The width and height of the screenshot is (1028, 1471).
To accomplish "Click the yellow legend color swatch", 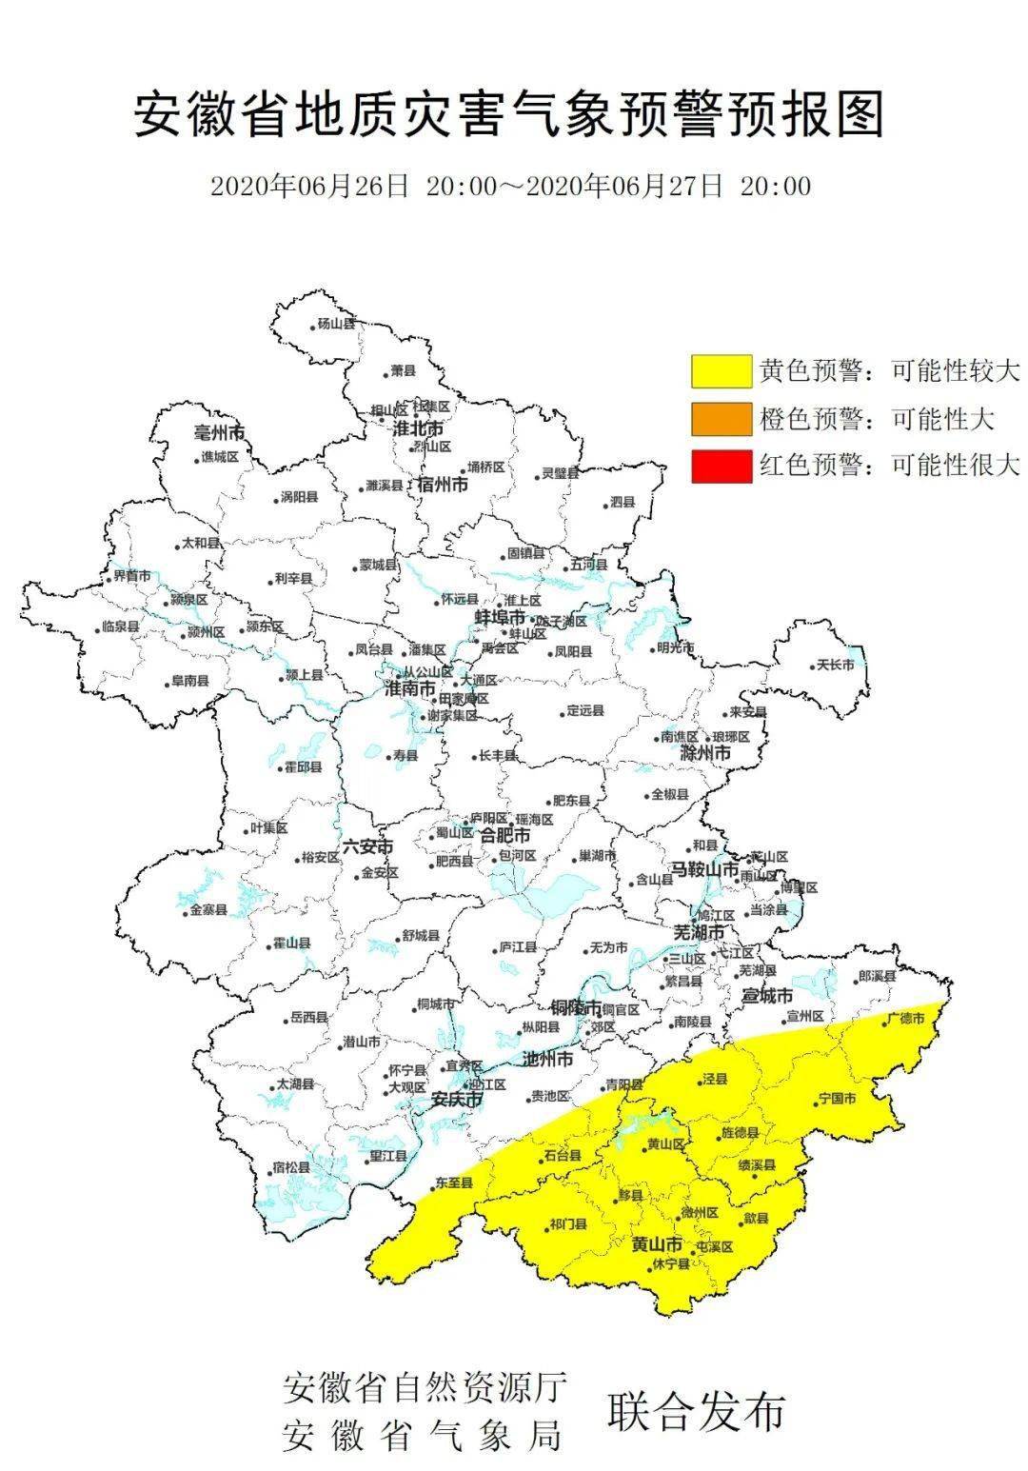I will (722, 370).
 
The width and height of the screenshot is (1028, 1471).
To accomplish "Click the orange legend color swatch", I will (722, 418).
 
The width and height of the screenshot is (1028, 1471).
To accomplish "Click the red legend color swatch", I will (722, 466).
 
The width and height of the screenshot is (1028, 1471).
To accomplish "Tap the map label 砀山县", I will (335, 324).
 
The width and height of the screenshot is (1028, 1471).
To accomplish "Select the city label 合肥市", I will (504, 836).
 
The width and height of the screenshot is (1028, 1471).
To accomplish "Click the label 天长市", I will (842, 666).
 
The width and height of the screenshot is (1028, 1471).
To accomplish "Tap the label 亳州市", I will (218, 433).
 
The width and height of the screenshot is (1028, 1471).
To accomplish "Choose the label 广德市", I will (905, 1018).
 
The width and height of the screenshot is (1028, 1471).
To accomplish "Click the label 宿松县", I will (291, 1167).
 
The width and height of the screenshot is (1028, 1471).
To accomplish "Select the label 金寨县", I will (208, 910).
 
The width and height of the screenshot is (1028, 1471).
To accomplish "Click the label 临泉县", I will (120, 627).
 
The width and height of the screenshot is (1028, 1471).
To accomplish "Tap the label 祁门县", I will (568, 1225).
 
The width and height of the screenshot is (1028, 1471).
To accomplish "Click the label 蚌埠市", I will (500, 618).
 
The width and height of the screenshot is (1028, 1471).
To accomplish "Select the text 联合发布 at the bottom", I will (696, 1411).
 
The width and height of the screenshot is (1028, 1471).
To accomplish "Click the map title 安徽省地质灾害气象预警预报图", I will (510, 115).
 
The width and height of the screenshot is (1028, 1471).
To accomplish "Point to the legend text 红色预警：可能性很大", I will (889, 466).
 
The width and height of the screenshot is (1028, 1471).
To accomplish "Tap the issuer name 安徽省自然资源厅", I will (425, 1387).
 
